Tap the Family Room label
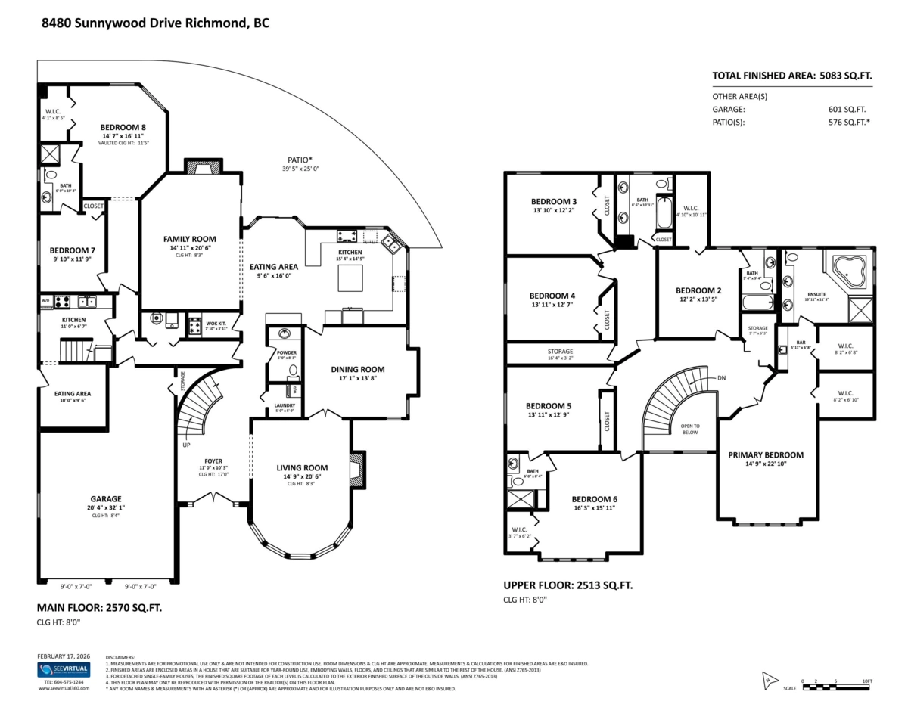click(x=190, y=239)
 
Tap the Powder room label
click(x=287, y=353)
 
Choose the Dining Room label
click(x=358, y=370)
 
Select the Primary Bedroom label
click(x=766, y=454)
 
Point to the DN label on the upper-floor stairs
click(x=722, y=378)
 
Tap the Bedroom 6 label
click(x=594, y=499)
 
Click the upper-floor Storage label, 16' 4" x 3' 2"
click(x=560, y=352)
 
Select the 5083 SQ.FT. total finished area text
click(x=842, y=76)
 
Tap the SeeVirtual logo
click(x=64, y=670)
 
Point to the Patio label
click(x=300, y=160)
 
